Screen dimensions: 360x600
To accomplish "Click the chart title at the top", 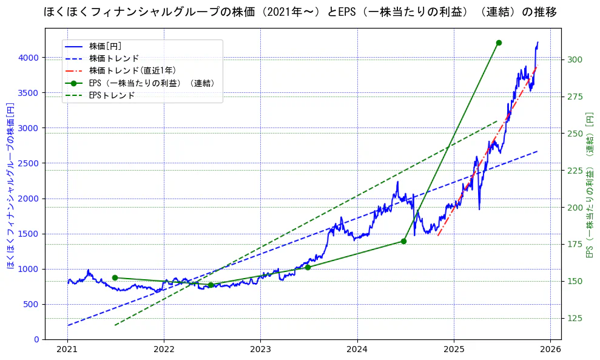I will pos(300,12).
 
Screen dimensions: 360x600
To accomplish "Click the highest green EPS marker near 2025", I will pos(499,42).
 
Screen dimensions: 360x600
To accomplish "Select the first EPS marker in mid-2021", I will pos(115,277).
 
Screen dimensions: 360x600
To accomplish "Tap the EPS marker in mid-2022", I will pos(211,285).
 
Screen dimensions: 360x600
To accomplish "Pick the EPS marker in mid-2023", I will pos(308,267).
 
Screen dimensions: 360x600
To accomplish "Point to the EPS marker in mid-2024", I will pos(403,241).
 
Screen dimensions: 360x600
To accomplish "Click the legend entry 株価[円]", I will pos(106,46).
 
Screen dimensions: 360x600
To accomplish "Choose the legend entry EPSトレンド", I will pos(112,95).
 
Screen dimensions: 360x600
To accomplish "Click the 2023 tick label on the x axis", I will pos(260,350).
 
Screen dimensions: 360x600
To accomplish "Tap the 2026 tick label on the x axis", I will pos(550,350).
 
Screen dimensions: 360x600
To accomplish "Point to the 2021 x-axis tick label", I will pos(67,350).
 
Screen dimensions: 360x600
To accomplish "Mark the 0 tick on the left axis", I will pos(37,339).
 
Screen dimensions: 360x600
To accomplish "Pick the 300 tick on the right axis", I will pos(575,59).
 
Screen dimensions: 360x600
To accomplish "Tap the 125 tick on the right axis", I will pos(575,318).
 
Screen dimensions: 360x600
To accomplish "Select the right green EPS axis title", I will pos(589,185).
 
